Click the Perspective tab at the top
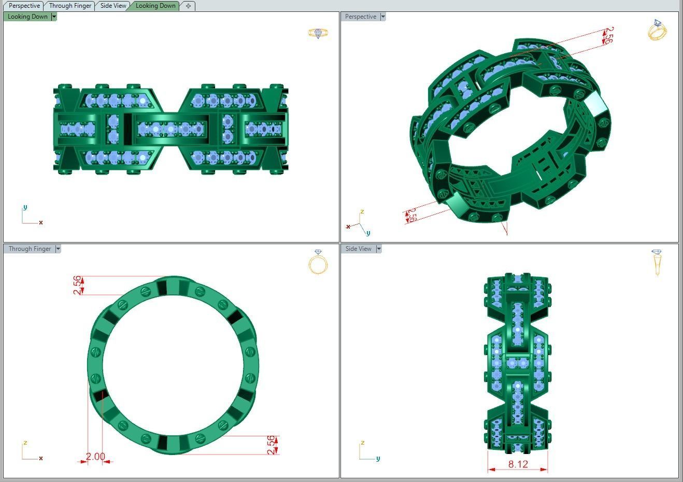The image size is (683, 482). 24,6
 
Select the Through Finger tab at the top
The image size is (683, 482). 70,6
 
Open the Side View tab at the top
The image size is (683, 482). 113,6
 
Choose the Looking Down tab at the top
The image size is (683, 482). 155,6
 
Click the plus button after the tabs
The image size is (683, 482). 188,6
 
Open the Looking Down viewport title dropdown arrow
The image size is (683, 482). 54,17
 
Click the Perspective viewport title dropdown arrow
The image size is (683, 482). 383,17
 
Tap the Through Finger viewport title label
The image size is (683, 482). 30,249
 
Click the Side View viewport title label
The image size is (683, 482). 358,249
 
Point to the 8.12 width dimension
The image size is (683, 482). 518,464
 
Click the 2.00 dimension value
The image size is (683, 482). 95,457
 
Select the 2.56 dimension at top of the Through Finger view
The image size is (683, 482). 77,285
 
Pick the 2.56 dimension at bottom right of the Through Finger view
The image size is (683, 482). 271,445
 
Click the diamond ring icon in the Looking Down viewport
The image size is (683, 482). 318,33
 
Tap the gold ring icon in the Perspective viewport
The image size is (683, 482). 657,30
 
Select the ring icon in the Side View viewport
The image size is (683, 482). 657,262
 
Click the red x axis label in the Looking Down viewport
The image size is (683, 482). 41,223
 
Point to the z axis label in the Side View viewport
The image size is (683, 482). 363,443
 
